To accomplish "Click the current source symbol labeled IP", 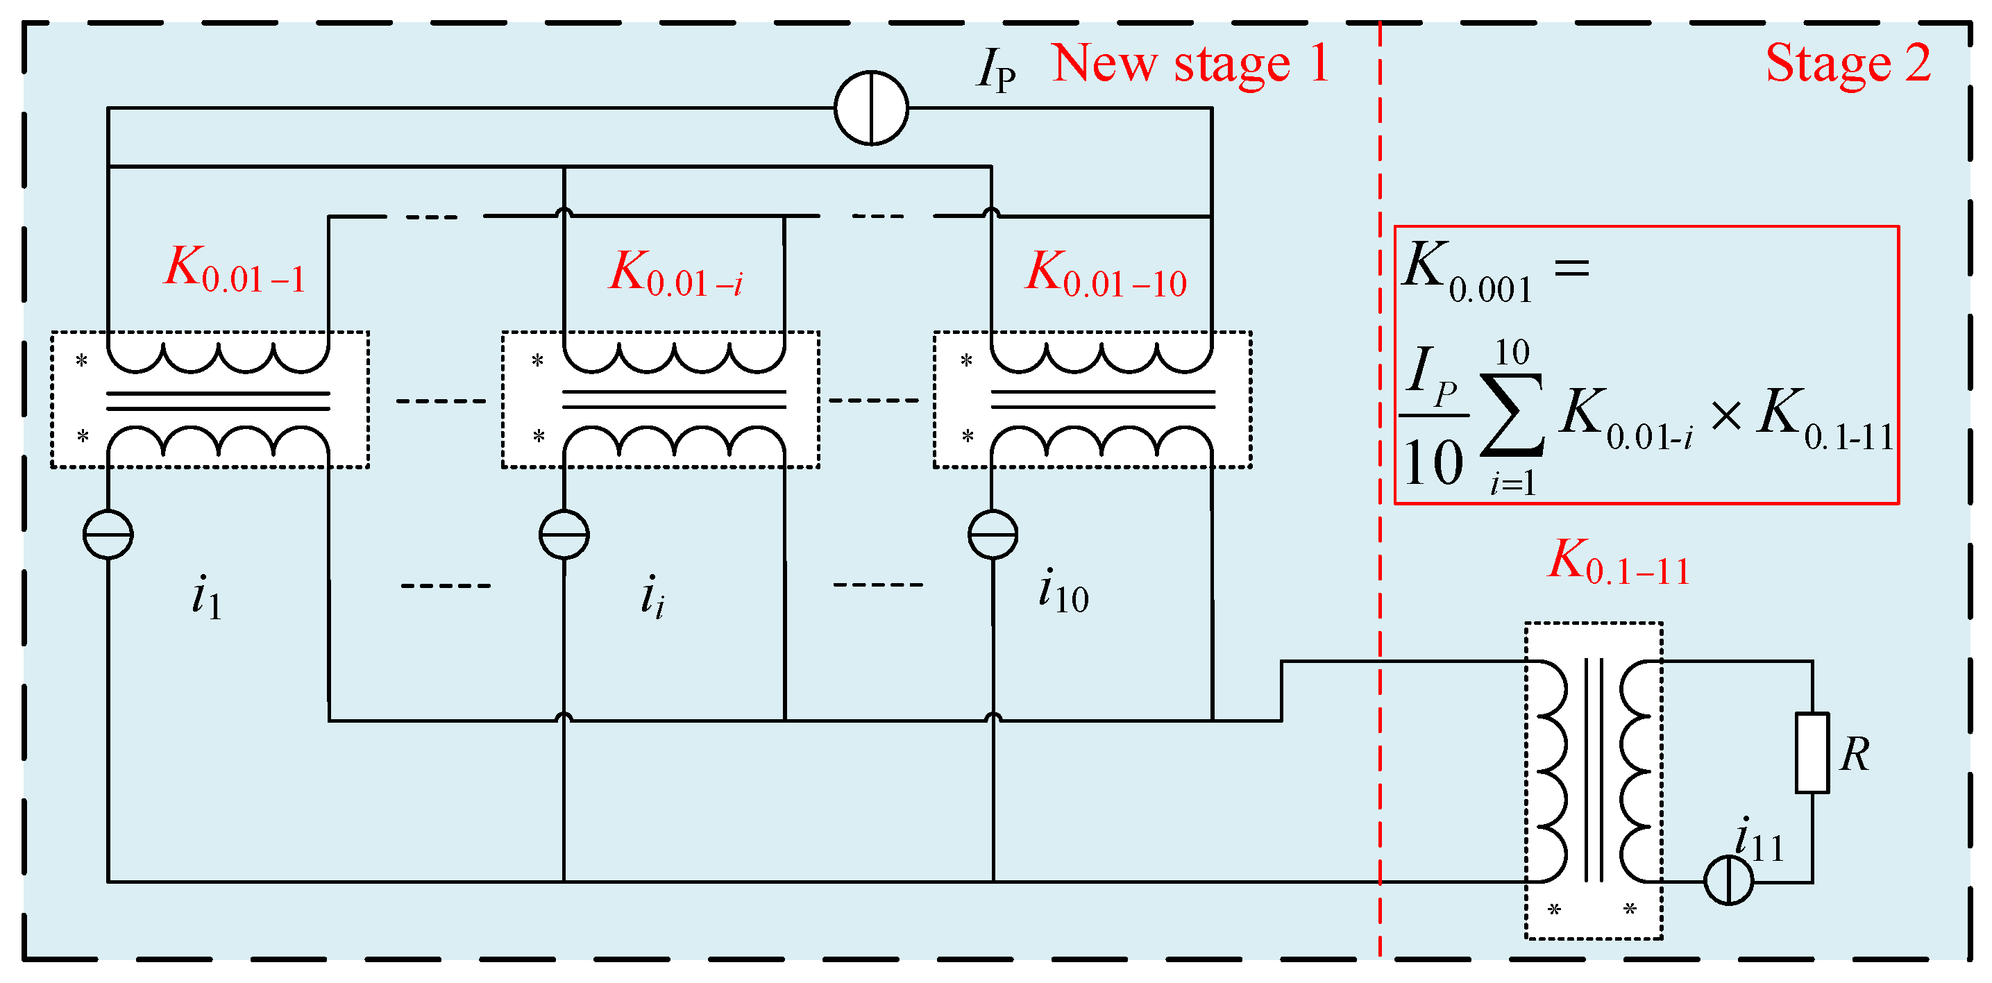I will point(872,108).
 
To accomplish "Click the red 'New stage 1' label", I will point(1191,63).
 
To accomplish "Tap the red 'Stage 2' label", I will point(1848,63).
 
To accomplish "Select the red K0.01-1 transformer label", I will point(235,270).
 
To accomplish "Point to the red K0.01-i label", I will point(676,274).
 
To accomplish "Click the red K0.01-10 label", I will point(1106,274).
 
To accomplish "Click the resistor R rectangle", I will point(1812,753).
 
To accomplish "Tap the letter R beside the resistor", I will point(1855,755).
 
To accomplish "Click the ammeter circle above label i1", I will point(108,535).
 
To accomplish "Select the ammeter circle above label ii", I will point(564,535).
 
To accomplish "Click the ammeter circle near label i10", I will point(993,535).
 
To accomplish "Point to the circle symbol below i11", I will point(1728,880).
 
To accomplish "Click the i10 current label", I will point(1063,591).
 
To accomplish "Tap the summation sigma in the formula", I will point(1512,415).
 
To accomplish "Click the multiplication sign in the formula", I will point(1726,416).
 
